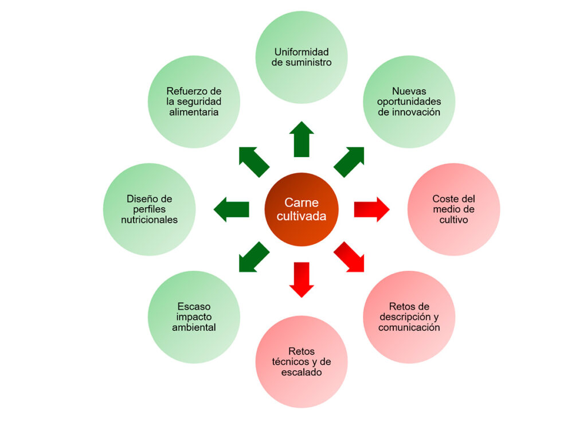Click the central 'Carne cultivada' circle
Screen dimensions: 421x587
302,209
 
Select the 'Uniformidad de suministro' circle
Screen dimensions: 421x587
302,57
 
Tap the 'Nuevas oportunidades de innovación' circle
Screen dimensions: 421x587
409,102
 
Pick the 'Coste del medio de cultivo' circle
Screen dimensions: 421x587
453,209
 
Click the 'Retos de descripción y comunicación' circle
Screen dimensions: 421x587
409,317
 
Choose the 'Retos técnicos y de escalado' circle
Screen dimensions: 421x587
302,361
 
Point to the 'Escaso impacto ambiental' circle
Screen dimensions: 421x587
194,317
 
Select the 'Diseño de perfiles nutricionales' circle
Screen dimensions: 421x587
150,209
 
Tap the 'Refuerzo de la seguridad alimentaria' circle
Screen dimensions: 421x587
194,102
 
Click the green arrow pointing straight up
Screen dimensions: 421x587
302,139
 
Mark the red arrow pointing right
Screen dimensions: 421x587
371,209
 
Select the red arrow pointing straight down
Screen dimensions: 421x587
302,279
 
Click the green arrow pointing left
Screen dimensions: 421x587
232,209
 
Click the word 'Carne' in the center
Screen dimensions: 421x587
302,202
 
